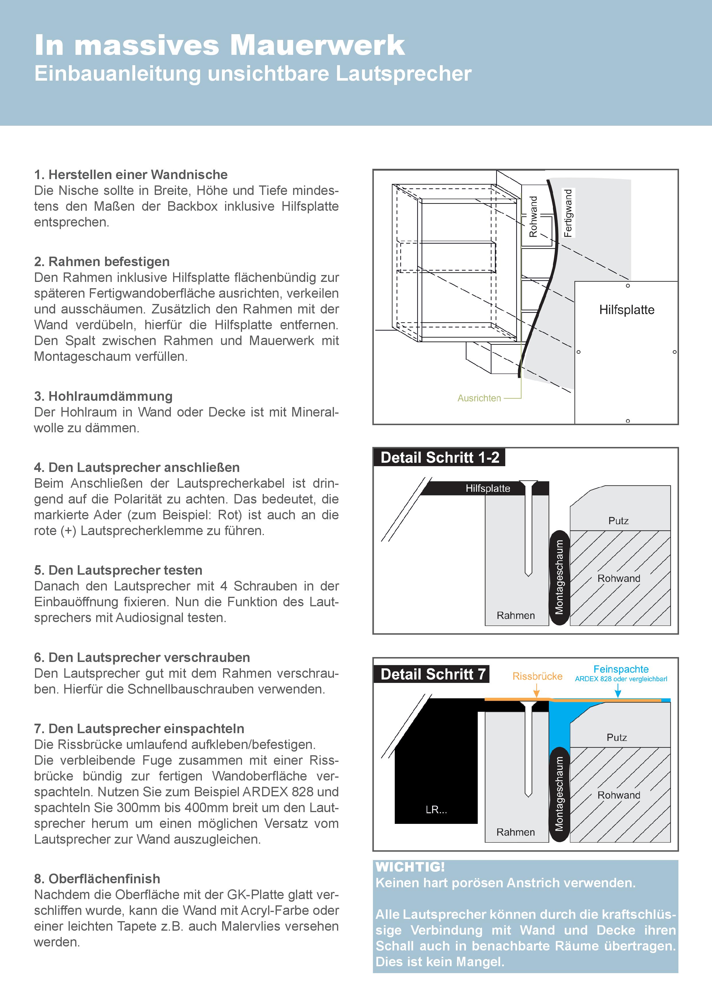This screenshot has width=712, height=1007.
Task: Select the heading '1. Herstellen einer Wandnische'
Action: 131,175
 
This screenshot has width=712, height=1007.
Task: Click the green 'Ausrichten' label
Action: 479,398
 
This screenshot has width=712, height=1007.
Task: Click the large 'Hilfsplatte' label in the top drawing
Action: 626,310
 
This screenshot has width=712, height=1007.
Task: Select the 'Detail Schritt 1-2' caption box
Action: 440,458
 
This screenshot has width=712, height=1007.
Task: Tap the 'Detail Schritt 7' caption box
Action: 433,674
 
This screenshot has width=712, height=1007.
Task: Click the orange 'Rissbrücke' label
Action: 537,676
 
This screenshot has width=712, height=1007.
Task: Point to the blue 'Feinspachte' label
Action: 621,669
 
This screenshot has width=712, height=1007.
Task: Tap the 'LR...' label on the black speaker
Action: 436,810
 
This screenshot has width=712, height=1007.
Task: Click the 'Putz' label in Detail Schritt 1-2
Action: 619,521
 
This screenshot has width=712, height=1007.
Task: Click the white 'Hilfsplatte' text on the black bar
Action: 488,488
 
